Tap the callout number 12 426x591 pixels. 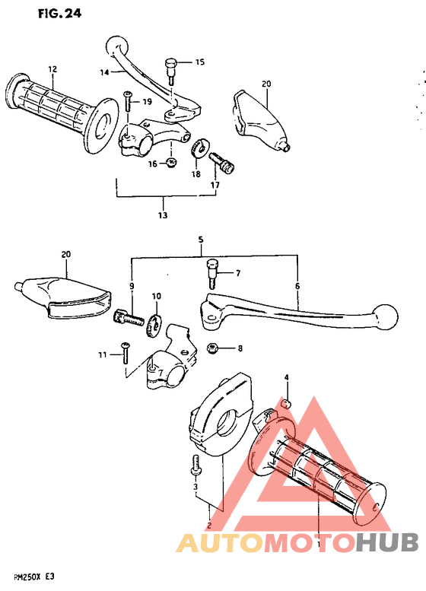[52, 69]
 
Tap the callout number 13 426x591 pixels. [162, 215]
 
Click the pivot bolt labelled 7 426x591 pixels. [212, 269]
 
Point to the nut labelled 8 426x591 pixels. [215, 348]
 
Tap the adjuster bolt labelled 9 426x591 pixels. [130, 319]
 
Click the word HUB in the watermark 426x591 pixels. [386, 542]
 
